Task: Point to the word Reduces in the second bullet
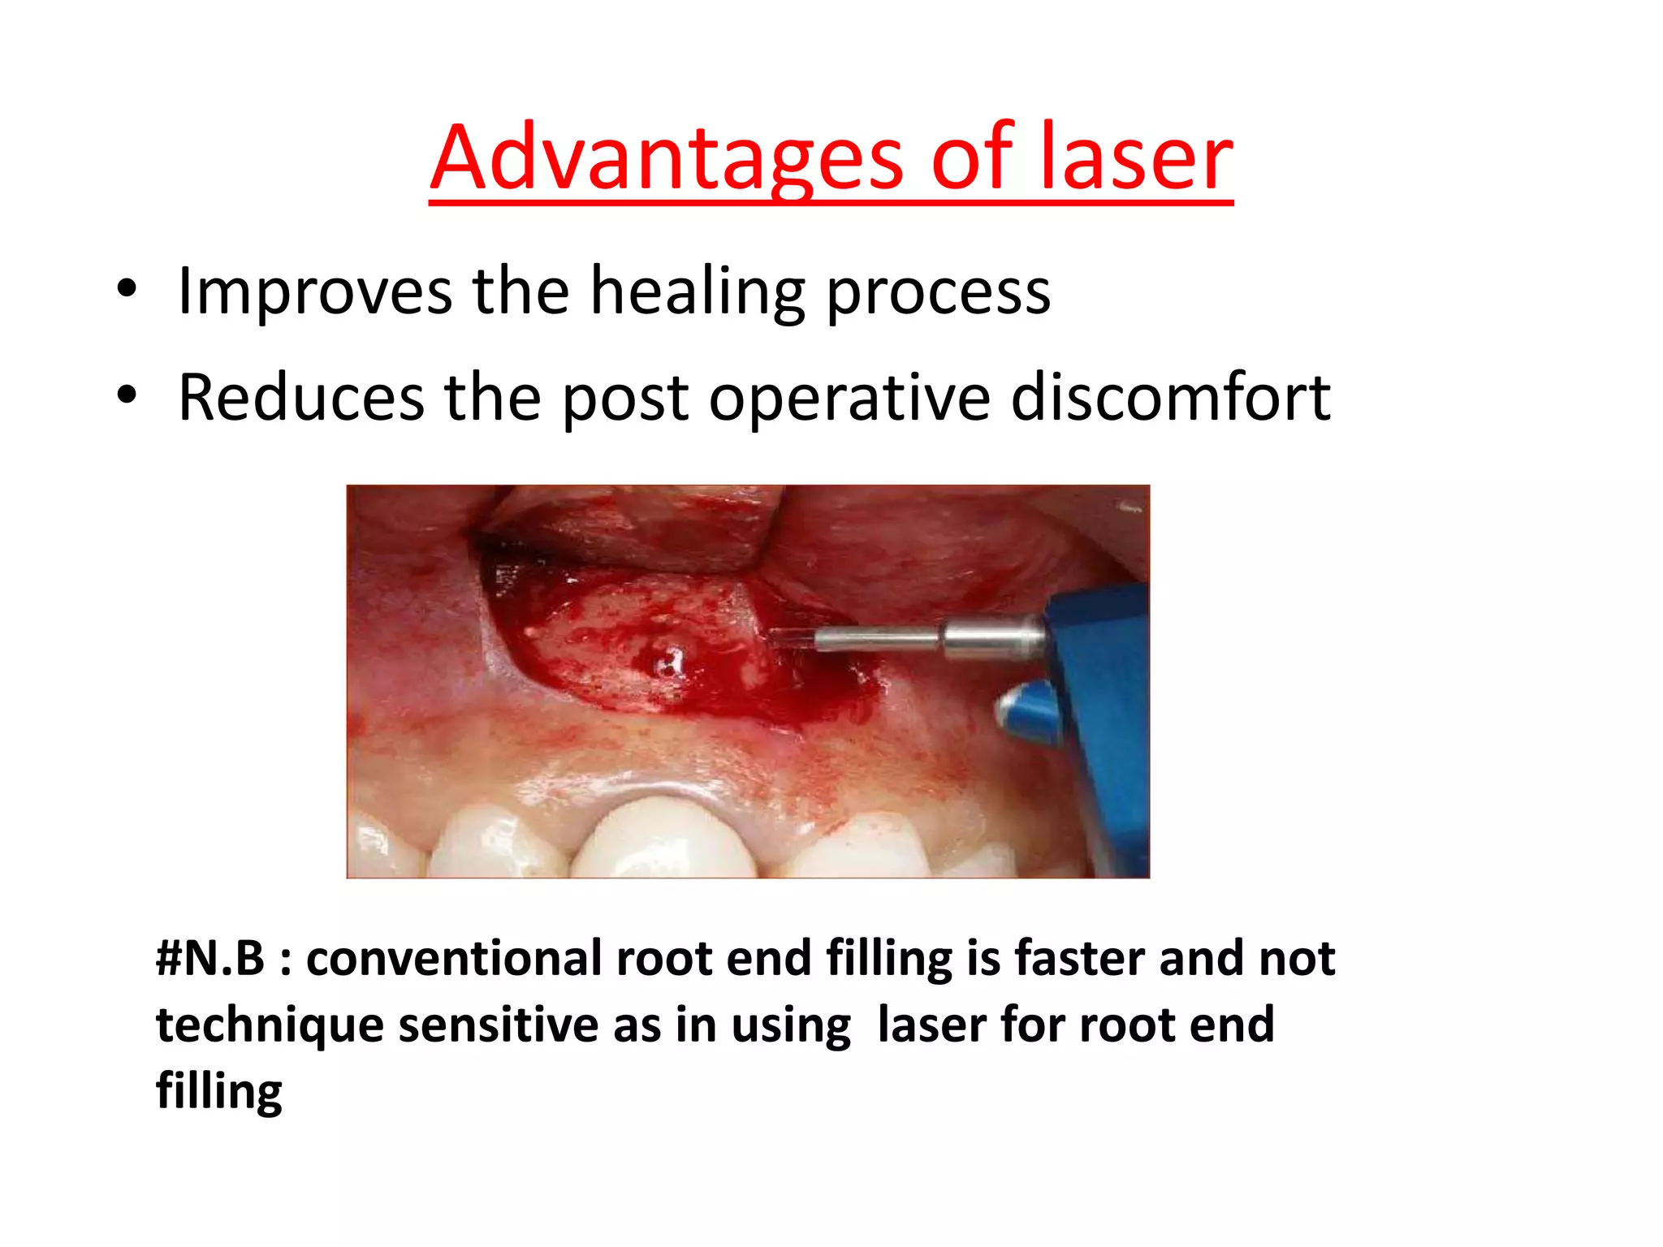pos(300,398)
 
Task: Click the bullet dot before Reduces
pos(127,395)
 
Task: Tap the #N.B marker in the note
pos(210,958)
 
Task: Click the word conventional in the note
pos(455,958)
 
